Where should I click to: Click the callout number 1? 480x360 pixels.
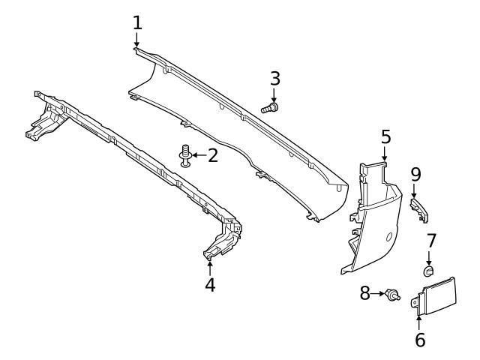click(x=137, y=23)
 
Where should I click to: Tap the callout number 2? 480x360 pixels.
click(x=213, y=155)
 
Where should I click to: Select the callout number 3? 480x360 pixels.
click(x=275, y=79)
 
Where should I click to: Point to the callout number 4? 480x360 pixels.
click(x=210, y=285)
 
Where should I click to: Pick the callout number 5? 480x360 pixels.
click(x=386, y=136)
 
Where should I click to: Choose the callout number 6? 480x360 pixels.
click(x=420, y=340)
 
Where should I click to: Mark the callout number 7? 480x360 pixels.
click(x=431, y=241)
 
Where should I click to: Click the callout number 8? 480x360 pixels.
click(x=365, y=293)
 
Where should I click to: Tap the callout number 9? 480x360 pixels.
click(x=416, y=175)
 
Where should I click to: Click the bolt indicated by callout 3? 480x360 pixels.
click(x=270, y=108)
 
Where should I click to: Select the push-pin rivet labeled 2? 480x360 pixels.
click(x=185, y=156)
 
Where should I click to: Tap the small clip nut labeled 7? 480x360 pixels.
click(x=428, y=271)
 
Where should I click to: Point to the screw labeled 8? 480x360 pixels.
click(x=392, y=294)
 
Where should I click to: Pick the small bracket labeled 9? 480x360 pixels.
click(x=419, y=210)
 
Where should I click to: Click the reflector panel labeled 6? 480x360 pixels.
click(x=433, y=297)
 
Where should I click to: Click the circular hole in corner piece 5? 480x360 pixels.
click(x=389, y=237)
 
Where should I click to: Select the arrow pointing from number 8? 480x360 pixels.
click(x=377, y=294)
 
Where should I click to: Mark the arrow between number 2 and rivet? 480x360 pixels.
click(x=199, y=155)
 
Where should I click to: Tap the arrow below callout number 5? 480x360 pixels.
click(x=385, y=153)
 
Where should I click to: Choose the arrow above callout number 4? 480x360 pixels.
click(x=210, y=268)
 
